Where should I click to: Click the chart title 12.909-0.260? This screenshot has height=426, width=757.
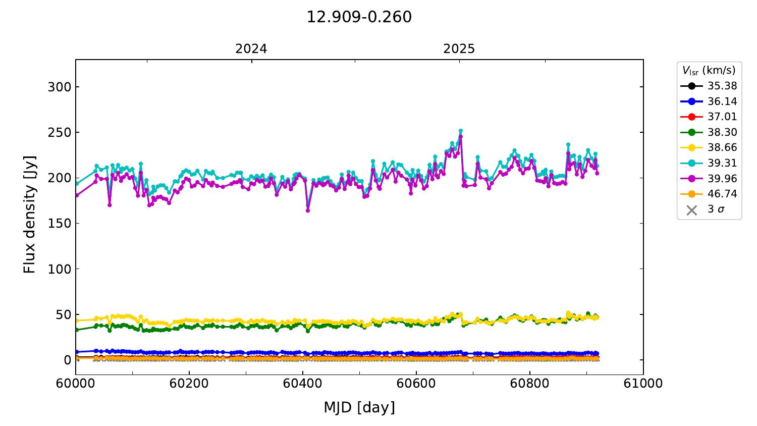(359, 17)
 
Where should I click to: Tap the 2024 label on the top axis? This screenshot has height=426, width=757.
(251, 49)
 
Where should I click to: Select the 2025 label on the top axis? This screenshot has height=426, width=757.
(459, 49)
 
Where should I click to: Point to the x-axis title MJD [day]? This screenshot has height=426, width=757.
(359, 407)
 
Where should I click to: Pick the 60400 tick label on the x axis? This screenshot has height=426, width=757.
(303, 383)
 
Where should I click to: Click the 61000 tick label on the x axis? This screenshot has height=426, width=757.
(643, 383)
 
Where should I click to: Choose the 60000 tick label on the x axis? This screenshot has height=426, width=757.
(76, 383)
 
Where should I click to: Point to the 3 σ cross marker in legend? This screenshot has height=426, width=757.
(692, 209)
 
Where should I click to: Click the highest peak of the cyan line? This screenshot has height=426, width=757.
(460, 131)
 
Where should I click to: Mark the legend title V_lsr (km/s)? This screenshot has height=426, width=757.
(709, 70)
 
